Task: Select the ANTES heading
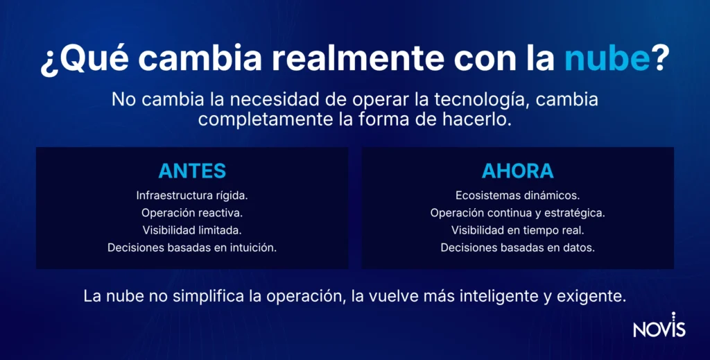pos(192,171)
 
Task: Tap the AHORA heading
pos(517,171)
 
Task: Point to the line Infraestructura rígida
pos(192,195)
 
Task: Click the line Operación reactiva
pos(192,212)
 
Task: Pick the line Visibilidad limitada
pos(192,230)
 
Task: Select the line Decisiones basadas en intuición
pos(192,247)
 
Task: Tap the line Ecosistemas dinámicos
pos(517,195)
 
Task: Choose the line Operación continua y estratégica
pos(517,212)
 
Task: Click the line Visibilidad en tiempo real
pos(517,230)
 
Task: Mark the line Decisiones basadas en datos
pos(517,247)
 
